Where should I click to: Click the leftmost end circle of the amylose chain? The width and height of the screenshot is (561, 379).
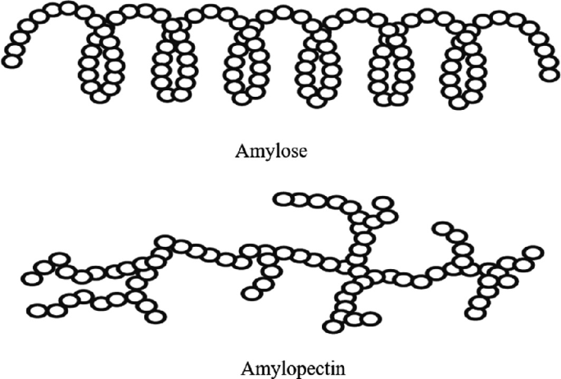11,59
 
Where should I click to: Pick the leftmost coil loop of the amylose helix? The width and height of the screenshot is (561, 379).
101,66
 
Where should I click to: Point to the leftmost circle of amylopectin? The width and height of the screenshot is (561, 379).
30,279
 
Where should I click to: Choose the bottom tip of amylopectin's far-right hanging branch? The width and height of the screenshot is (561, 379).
474,313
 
